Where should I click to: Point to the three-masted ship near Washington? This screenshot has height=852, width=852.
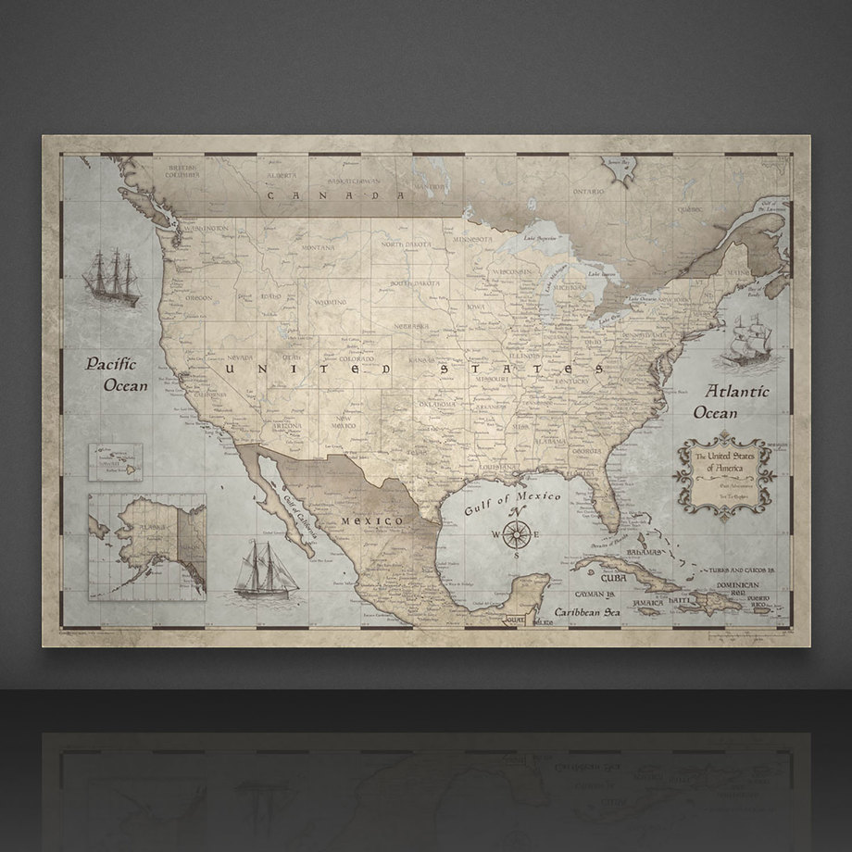[x=112, y=276]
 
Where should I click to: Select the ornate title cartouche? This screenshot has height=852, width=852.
[x=723, y=472]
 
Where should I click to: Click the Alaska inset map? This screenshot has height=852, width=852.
[x=146, y=546]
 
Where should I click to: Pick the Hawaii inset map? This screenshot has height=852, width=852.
[x=116, y=461]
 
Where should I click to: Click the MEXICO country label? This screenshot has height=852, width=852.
[x=370, y=522]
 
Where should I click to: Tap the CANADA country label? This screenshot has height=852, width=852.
[x=322, y=195]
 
